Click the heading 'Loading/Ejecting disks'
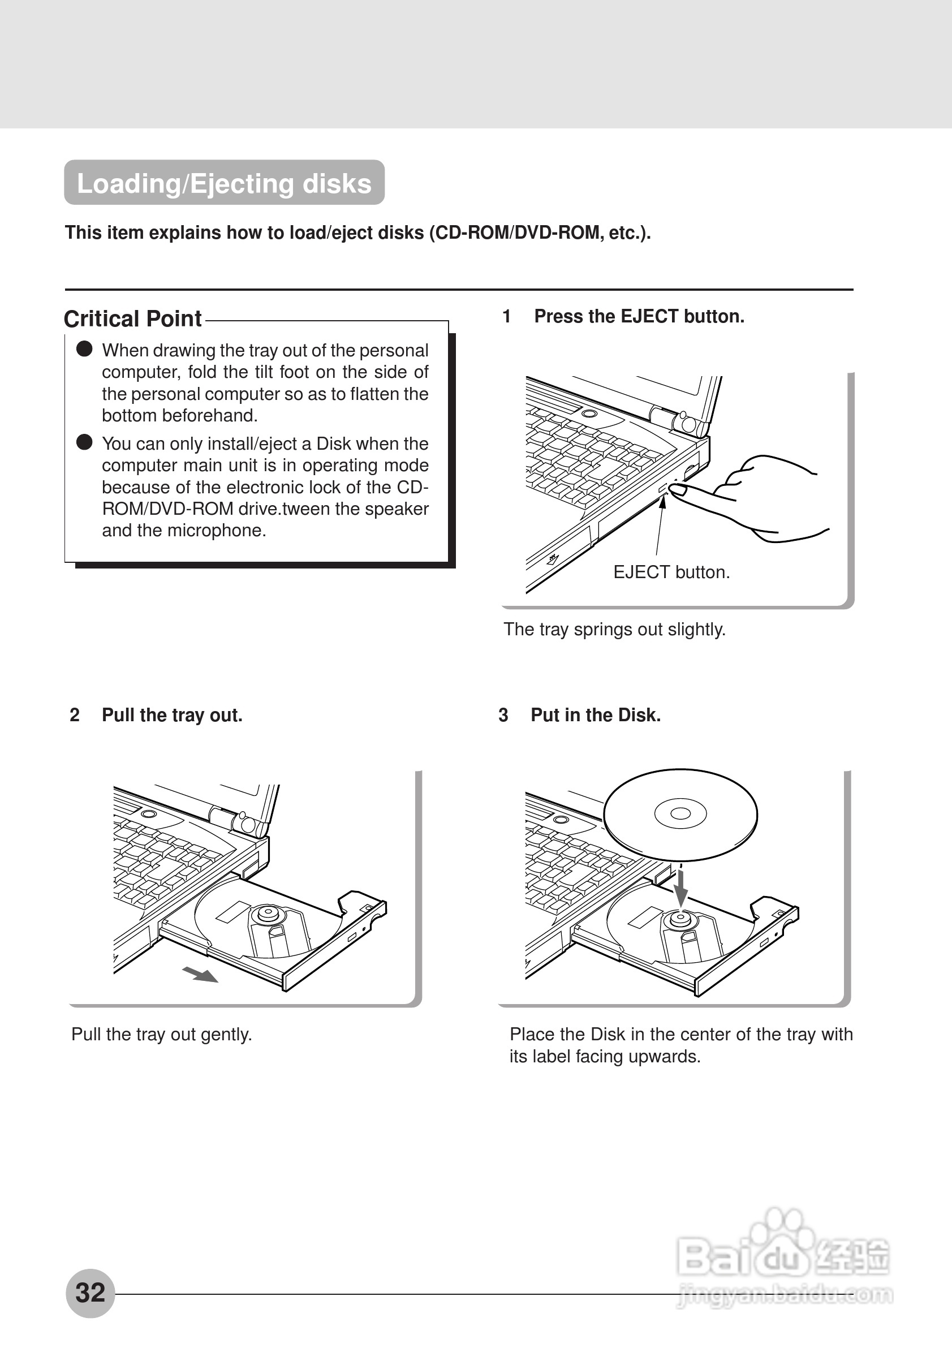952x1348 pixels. point(224,183)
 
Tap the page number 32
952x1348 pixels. point(91,1292)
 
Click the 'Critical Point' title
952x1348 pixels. point(132,319)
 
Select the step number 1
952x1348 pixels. point(506,316)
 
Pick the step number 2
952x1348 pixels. point(75,715)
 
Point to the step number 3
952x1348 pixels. point(503,715)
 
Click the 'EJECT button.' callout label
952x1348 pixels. point(671,572)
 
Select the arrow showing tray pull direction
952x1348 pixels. point(201,975)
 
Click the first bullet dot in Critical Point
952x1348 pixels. point(84,349)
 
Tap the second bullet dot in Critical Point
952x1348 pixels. point(84,442)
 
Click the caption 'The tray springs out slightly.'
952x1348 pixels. point(614,630)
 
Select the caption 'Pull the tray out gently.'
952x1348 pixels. point(161,1034)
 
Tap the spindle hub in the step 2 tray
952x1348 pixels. point(268,914)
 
